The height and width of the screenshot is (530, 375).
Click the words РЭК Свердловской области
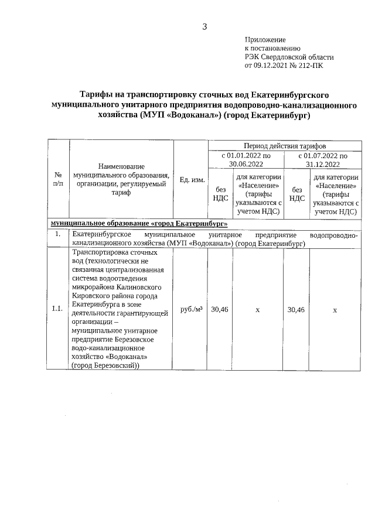[289, 57]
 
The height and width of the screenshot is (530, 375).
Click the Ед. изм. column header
[192, 179]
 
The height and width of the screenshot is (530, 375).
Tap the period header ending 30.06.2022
[246, 160]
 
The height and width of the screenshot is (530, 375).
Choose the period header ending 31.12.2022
[322, 160]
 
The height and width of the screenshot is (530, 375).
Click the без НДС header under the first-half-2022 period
[220, 194]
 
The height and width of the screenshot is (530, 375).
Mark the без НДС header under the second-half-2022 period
[296, 194]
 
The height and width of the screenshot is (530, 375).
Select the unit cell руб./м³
[192, 309]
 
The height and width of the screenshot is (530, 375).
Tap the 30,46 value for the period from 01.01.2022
[220, 309]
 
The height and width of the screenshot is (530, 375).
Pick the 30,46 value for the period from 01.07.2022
[296, 309]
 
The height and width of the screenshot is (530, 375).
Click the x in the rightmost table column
[335, 309]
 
